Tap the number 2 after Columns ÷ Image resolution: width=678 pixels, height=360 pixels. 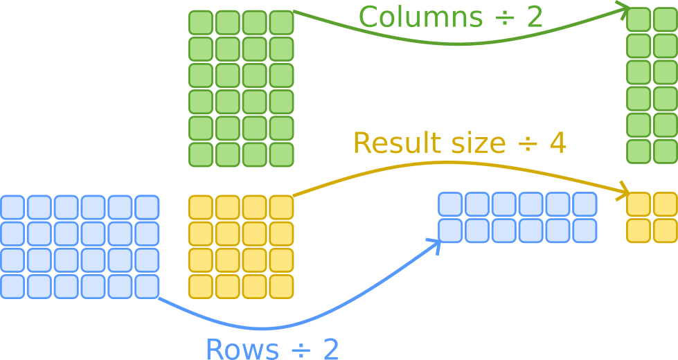[533, 17]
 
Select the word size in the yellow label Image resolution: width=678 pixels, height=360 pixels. [478, 143]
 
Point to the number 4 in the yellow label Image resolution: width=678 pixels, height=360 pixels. [557, 143]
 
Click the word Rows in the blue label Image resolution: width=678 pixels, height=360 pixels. [239, 350]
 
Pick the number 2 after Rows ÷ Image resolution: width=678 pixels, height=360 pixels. [330, 350]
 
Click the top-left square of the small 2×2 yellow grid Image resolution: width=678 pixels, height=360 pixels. [639, 204]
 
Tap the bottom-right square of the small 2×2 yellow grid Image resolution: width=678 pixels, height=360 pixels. [666, 231]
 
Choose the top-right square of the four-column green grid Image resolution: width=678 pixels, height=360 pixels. [281, 23]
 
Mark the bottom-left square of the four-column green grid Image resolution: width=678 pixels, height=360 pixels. [201, 154]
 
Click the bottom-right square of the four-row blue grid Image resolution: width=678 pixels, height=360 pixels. [147, 287]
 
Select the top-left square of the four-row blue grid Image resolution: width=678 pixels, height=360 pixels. [12, 207]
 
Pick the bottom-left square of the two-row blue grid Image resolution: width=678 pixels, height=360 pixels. [450, 231]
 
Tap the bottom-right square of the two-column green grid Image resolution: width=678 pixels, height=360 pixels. [666, 152]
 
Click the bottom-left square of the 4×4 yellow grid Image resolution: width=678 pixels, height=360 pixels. [201, 287]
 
